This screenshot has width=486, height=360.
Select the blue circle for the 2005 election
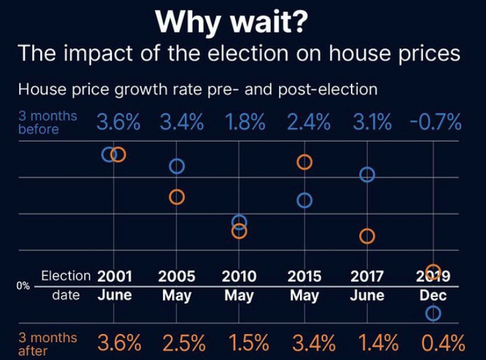176,166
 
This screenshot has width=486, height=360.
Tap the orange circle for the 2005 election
176,197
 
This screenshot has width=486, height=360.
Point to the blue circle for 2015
304,201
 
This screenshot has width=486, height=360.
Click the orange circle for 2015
304,162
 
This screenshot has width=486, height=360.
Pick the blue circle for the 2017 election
367,175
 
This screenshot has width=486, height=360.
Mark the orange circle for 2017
367,236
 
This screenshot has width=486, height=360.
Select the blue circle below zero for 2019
433,313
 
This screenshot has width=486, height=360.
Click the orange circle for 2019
433,271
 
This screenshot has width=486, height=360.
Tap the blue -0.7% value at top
436,122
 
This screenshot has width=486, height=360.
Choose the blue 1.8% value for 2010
245,122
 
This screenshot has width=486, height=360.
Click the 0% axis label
24,286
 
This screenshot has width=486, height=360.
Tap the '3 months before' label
48,123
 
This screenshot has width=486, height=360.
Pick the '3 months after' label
48,344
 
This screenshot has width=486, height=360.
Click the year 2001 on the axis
115,277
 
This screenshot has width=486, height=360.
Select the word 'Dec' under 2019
433,296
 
